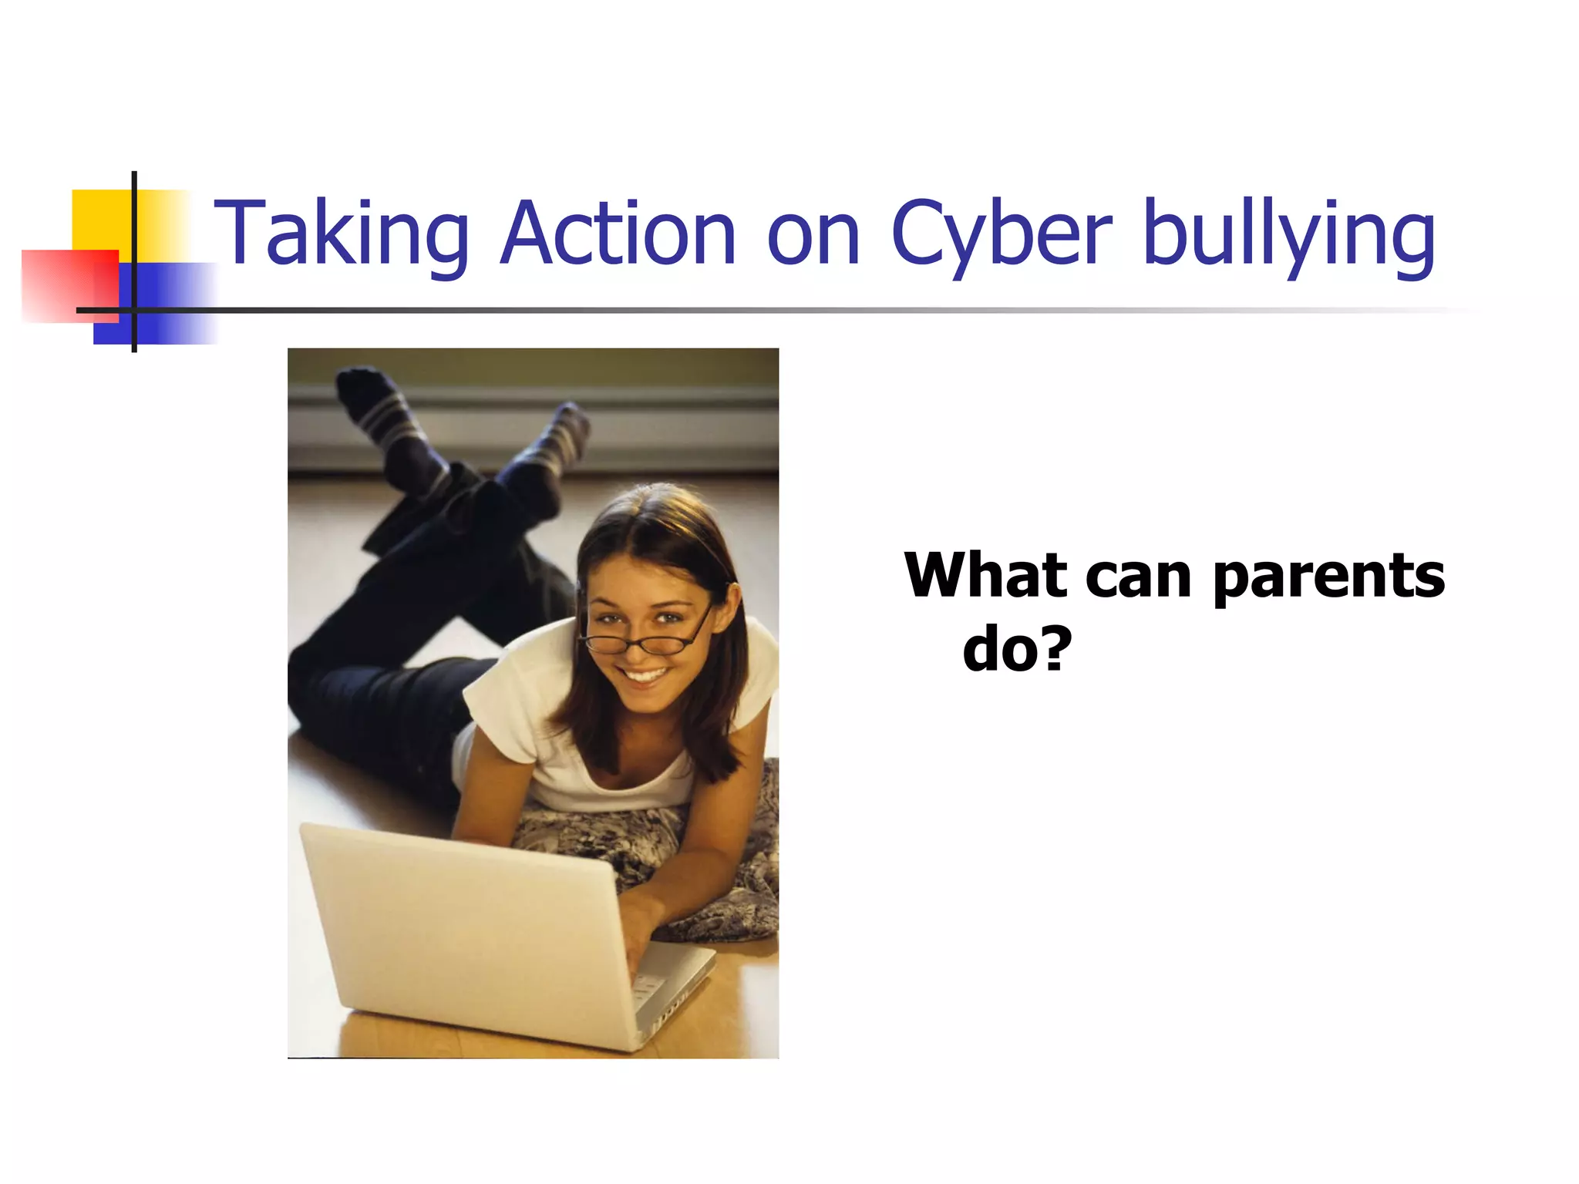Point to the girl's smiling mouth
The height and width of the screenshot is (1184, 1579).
646,676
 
